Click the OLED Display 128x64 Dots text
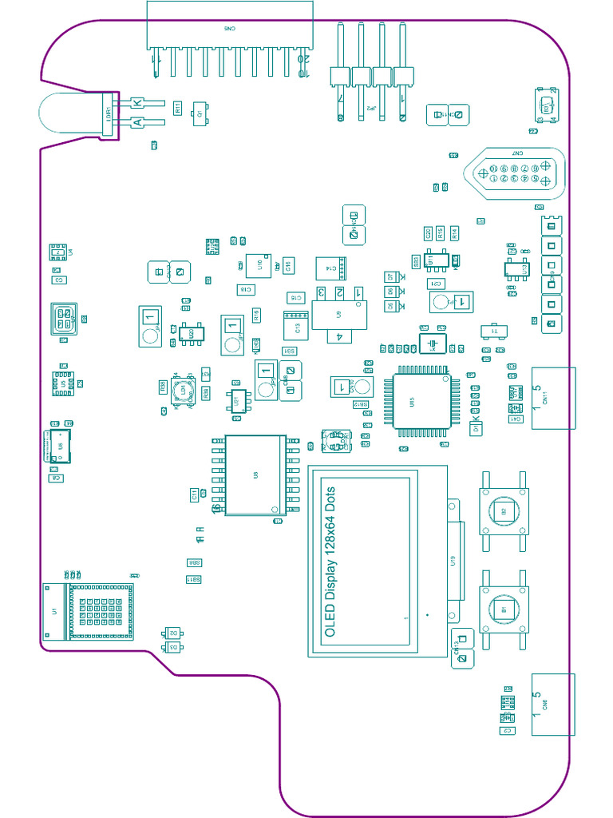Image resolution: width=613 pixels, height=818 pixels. (330, 562)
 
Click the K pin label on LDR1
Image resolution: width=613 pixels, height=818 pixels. (138, 102)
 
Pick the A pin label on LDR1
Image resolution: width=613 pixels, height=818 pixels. (138, 122)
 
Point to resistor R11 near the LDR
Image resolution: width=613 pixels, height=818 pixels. (178, 107)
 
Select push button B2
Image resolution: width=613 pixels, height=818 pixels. (503, 511)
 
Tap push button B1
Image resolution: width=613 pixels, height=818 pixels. (503, 610)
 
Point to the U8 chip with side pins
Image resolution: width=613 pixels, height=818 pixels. (255, 475)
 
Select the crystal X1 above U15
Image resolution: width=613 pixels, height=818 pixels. (433, 343)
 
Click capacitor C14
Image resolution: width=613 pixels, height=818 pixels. (329, 266)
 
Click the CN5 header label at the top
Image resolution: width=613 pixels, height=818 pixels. (229, 28)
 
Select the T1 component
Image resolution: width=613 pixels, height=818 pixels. (493, 331)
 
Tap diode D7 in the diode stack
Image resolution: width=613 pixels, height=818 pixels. (391, 276)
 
